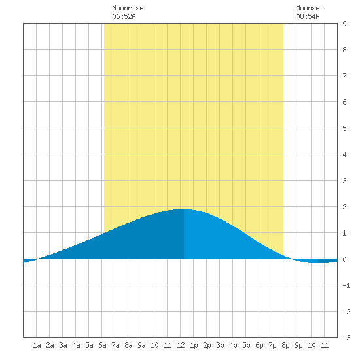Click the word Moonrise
click(x=128, y=8)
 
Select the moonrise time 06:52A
click(x=124, y=16)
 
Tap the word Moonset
click(x=310, y=8)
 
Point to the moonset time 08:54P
click(x=308, y=16)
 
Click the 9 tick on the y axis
click(x=344, y=24)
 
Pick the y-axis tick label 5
click(x=344, y=128)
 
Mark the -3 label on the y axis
click(x=346, y=338)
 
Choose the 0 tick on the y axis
click(x=344, y=259)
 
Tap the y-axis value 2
click(x=344, y=207)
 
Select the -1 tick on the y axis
click(x=346, y=285)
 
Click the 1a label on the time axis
click(x=37, y=345)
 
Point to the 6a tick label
click(x=102, y=345)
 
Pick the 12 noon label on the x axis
click(x=181, y=345)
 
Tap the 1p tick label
click(x=194, y=345)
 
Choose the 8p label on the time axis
click(x=285, y=345)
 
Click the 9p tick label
click(x=298, y=345)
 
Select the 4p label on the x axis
click(x=233, y=345)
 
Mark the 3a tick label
click(x=63, y=345)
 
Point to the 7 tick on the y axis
click(x=344, y=76)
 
